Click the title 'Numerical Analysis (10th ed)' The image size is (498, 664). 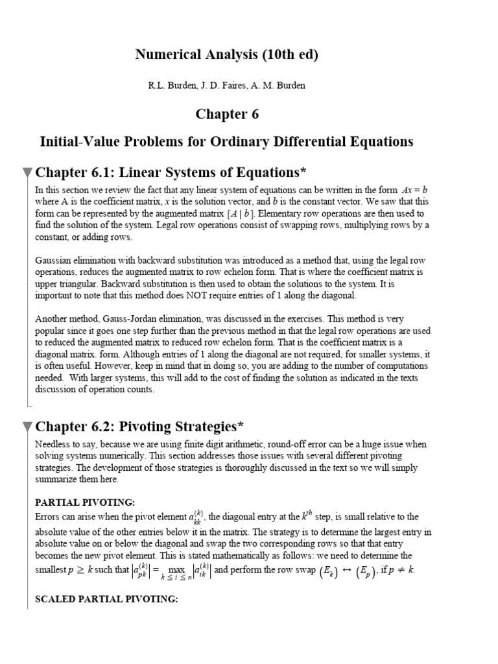[226, 55]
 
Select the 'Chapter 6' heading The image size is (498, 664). [226, 114]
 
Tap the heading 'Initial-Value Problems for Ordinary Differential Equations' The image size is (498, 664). [226, 141]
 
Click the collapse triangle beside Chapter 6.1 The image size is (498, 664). [27, 172]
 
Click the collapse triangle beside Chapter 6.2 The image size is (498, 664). [27, 427]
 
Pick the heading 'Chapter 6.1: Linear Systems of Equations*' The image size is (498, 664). [169, 172]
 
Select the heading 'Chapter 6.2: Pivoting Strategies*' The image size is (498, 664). [139, 426]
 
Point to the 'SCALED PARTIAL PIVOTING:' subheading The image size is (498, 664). [106, 599]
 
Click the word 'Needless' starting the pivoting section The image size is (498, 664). [53, 444]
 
